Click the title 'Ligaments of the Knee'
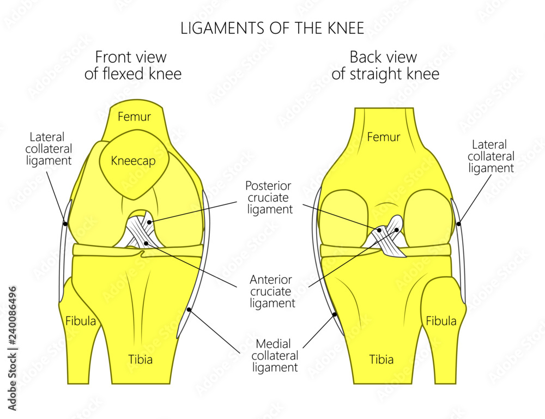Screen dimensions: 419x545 (272, 28)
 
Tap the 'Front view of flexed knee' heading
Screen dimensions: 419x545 (132, 65)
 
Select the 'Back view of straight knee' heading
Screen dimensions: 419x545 (385, 65)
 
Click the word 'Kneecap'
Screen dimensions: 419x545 (133, 161)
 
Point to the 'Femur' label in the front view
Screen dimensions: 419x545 (135, 117)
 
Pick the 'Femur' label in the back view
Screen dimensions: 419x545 (384, 137)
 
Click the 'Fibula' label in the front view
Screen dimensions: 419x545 (81, 321)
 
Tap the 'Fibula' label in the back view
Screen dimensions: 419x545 (441, 321)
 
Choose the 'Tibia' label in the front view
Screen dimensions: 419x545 (140, 360)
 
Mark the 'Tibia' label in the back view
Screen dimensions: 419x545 (381, 360)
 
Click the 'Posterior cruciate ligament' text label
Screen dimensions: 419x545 (269, 197)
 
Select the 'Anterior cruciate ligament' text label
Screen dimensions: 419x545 (272, 292)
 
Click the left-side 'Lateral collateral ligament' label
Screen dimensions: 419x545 (51, 148)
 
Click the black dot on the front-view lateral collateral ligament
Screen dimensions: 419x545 (65, 223)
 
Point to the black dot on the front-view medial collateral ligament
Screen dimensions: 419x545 (189, 310)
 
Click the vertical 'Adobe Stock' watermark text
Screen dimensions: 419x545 (13, 349)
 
